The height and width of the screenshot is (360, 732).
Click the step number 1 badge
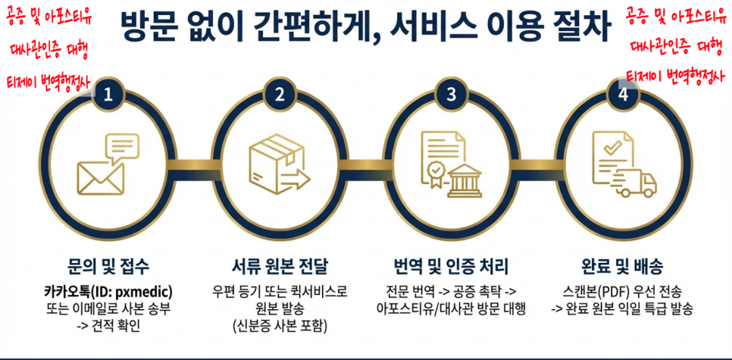pyautogui.click(x=108, y=95)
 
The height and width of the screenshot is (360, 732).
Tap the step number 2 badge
pyautogui.click(x=280, y=95)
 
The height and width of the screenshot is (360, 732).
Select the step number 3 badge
pyautogui.click(x=452, y=95)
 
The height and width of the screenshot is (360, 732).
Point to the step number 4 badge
pyautogui.click(x=623, y=95)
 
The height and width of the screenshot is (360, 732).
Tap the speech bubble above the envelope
pyautogui.click(x=122, y=147)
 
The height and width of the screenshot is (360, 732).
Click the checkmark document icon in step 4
pyautogui.click(x=610, y=155)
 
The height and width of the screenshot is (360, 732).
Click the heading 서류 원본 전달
pyautogui.click(x=280, y=267)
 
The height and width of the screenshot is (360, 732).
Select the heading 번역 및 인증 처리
pyautogui.click(x=451, y=267)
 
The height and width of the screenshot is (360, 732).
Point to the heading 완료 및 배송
pyautogui.click(x=622, y=267)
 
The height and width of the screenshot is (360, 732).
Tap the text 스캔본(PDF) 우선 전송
pyautogui.click(x=622, y=291)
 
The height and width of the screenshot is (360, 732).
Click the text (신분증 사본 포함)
pyautogui.click(x=280, y=326)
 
